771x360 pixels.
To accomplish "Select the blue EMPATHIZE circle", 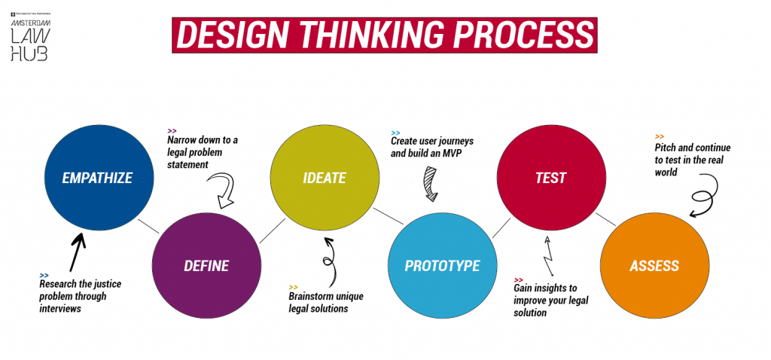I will point(98,178).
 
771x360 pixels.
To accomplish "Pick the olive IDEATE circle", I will point(324,178).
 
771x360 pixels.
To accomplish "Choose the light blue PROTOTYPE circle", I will point(442,265).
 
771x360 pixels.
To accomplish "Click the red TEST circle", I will point(550,178).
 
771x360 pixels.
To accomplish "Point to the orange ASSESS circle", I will point(654,265).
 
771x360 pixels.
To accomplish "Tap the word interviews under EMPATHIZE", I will point(60,309).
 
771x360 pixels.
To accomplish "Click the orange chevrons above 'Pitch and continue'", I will point(660,136).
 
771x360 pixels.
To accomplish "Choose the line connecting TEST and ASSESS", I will point(606,219).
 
